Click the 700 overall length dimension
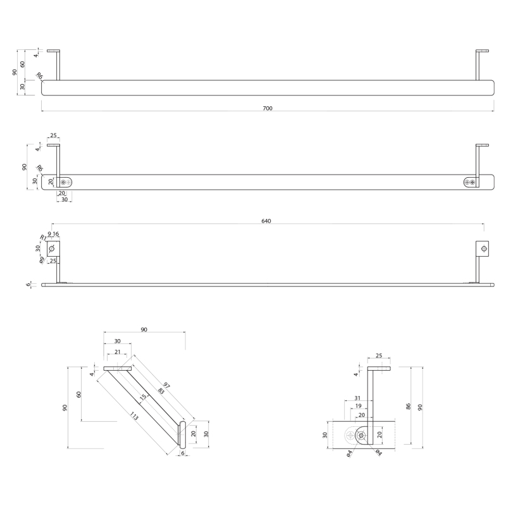(268, 108)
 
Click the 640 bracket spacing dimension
(266, 221)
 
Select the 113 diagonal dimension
(134, 416)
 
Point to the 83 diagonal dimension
(161, 391)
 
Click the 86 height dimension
(408, 407)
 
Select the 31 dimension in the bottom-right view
(357, 398)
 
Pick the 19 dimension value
(359, 406)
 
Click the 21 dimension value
(118, 352)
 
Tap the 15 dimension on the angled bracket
(143, 398)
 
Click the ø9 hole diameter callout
(42, 260)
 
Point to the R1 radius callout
(43, 238)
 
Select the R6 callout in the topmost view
(39, 76)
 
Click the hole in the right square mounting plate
(483, 249)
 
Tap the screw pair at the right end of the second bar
(470, 183)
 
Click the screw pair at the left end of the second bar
(66, 183)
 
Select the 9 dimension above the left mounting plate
(49, 234)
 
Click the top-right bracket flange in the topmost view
(482, 51)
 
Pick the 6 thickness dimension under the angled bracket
(183, 453)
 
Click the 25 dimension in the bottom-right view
(379, 355)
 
